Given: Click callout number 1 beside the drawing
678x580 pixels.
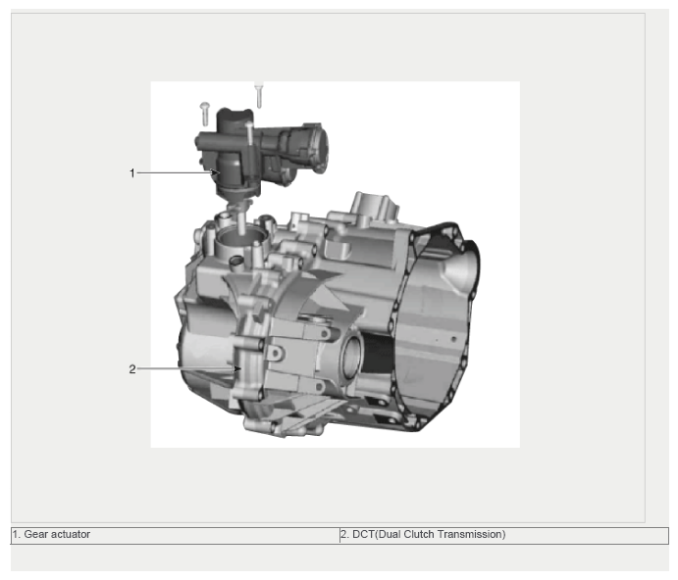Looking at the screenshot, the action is [x=132, y=173].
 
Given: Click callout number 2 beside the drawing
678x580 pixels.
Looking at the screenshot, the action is [x=132, y=369].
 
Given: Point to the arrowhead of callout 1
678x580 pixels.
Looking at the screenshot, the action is [x=217, y=172].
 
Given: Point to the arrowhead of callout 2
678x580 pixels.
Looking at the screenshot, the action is [x=237, y=368].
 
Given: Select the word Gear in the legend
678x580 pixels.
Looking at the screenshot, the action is [x=36, y=534].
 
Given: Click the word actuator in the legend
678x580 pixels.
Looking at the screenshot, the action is [x=70, y=534].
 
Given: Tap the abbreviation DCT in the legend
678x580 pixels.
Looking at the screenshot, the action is [x=363, y=534].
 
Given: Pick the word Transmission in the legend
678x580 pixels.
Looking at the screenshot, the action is [x=471, y=534].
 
